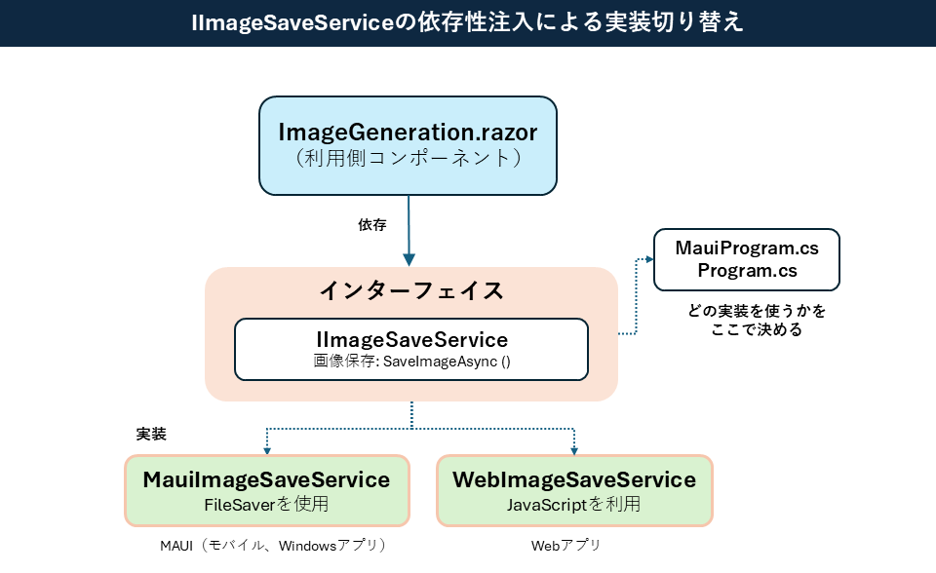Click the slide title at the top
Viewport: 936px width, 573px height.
468,22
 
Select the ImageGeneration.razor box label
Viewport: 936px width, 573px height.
408,132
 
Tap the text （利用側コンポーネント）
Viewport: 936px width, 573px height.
408,158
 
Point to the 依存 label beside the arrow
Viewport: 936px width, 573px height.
372,225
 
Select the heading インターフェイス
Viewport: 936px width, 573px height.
411,290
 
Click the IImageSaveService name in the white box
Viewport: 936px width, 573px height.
411,339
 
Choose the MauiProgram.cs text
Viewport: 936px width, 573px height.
747,248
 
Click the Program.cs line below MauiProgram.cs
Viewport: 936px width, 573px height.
747,271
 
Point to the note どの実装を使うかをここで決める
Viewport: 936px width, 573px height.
757,321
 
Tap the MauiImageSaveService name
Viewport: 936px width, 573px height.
266,479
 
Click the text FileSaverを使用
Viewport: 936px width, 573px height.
266,505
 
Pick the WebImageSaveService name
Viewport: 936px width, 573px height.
574,479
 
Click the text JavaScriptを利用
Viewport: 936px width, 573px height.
574,505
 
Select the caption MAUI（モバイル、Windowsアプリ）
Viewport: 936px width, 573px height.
274,545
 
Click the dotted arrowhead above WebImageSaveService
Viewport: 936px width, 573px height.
574,450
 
